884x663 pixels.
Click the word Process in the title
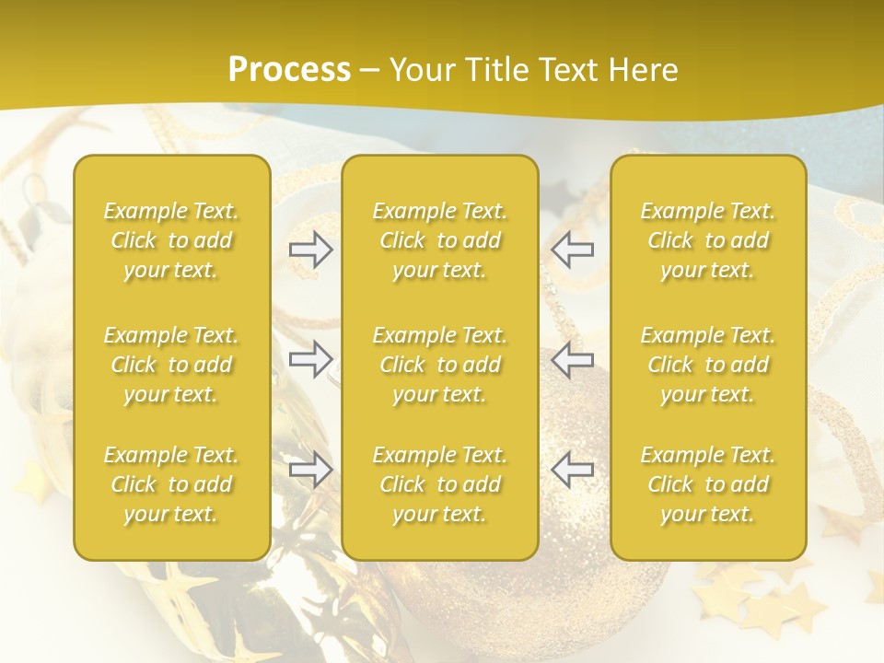click(x=289, y=70)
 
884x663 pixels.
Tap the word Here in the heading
click(x=645, y=70)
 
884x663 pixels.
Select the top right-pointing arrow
click(x=311, y=250)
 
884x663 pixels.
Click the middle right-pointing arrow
click(x=311, y=359)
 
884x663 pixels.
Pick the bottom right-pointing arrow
click(x=311, y=470)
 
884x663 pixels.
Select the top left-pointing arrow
click(x=573, y=250)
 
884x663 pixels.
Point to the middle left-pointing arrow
click(x=573, y=359)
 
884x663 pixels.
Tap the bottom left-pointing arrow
click(x=573, y=470)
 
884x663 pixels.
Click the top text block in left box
click(x=171, y=240)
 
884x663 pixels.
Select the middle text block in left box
click(x=171, y=365)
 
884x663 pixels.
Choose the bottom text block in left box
click(x=171, y=484)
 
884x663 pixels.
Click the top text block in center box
click(x=439, y=240)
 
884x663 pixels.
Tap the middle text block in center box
click(x=439, y=365)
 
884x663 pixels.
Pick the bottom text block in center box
click(x=439, y=484)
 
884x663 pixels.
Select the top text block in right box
click(x=707, y=240)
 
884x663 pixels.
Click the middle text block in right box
click(x=707, y=365)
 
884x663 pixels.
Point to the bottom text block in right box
click(x=707, y=484)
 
